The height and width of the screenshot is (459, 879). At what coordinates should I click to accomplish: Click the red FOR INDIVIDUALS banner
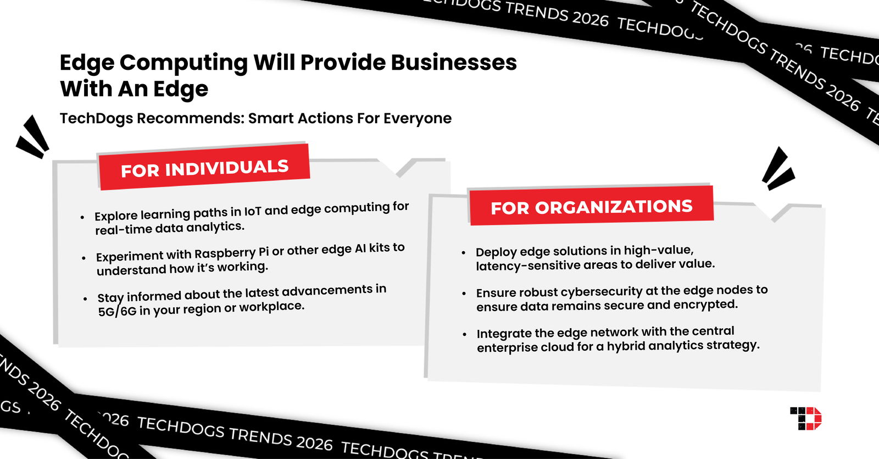[x=204, y=168]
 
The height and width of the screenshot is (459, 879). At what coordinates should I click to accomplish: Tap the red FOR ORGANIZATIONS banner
[x=591, y=206]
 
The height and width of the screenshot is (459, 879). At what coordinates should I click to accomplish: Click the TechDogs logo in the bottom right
[x=805, y=418]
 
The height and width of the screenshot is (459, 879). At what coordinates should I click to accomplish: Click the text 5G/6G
[x=117, y=311]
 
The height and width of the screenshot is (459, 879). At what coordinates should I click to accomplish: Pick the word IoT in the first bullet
[x=253, y=211]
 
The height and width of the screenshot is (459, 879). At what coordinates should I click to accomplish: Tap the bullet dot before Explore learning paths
[x=82, y=217]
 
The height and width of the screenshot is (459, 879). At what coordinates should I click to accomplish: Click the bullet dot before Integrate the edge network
[x=464, y=334]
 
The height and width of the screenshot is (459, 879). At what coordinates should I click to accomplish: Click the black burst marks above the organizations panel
[x=777, y=168]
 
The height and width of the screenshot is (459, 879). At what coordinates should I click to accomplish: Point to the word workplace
[x=271, y=307]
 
